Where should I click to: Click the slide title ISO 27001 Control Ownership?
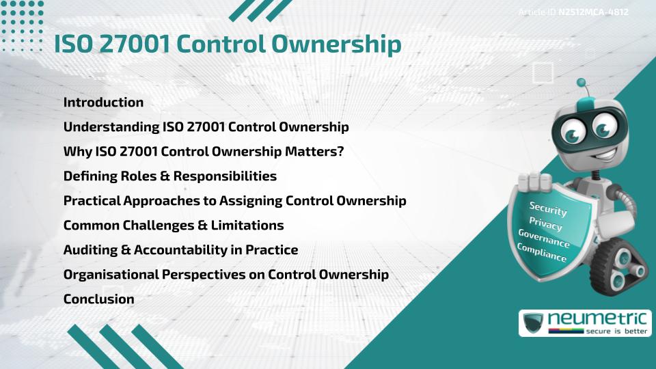tap(228, 44)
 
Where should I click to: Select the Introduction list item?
tap(103, 102)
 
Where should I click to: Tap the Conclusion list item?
tap(98, 299)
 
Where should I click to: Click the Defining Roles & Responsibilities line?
tap(169, 176)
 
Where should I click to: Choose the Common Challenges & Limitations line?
tap(173, 225)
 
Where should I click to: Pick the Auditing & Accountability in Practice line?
tap(180, 249)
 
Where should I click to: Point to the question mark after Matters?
tap(340, 152)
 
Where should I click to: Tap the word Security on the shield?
tap(548, 208)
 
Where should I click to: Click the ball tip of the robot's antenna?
tap(582, 83)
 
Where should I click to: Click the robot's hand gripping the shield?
tap(534, 182)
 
